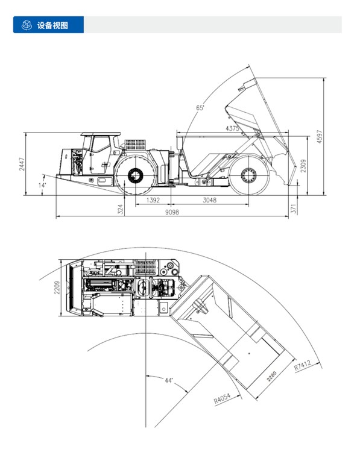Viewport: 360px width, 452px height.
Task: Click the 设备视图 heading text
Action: click(52, 25)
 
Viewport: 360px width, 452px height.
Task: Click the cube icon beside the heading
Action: click(27, 25)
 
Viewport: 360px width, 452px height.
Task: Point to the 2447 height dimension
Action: click(22, 164)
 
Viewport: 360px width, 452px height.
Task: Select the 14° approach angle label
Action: click(42, 185)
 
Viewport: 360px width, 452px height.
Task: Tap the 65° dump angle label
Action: click(200, 108)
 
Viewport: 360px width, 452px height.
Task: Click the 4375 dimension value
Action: click(232, 128)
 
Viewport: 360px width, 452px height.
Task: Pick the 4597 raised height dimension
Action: click(320, 137)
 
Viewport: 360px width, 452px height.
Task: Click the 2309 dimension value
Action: click(303, 166)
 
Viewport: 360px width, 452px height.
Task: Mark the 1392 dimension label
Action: click(153, 200)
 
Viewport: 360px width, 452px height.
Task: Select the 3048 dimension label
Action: click(210, 200)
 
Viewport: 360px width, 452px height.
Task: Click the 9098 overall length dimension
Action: click(172, 212)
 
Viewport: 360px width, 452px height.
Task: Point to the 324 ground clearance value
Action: click(121, 209)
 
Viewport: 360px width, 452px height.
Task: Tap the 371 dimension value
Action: click(294, 209)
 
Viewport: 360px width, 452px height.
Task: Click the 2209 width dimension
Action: click(57, 287)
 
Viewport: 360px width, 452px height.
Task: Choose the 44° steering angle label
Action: click(169, 380)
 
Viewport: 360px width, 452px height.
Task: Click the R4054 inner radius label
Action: click(222, 398)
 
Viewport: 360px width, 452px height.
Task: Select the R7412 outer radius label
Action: click(303, 365)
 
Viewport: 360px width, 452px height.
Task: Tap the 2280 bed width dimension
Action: click(271, 377)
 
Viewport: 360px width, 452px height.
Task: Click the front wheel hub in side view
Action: click(136, 175)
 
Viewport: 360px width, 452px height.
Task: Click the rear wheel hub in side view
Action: click(248, 175)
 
